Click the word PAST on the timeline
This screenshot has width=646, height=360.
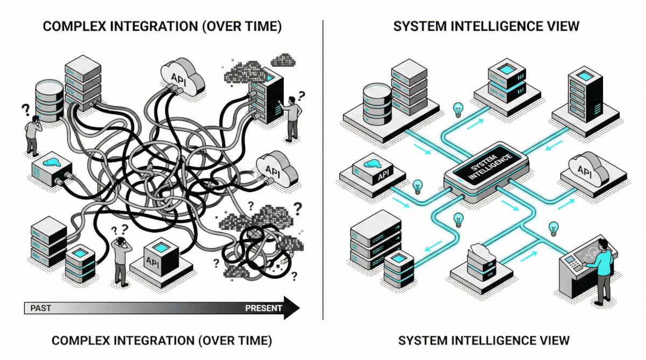pos(41,308)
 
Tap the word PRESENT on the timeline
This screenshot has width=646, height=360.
pos(263,308)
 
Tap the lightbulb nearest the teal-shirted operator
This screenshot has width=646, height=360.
pos(553,229)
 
